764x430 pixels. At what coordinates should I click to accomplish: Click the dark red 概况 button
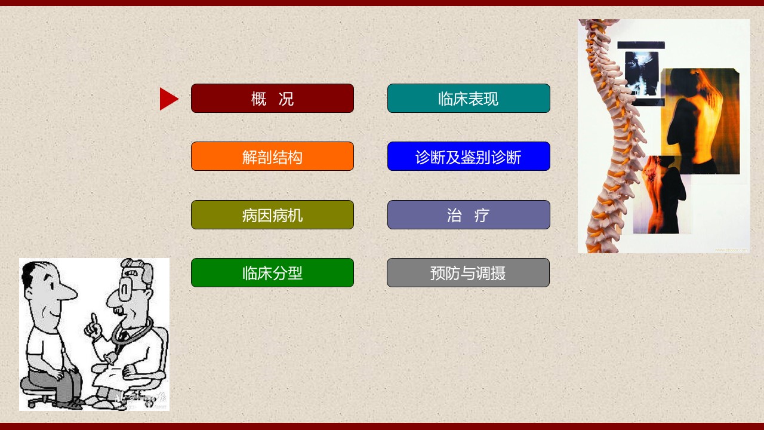[x=272, y=99]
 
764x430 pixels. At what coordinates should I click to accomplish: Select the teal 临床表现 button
[x=469, y=99]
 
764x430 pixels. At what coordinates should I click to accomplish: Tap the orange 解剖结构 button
[x=272, y=156]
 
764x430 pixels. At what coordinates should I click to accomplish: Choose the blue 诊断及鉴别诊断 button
[x=469, y=156]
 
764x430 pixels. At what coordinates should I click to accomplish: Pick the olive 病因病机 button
[x=272, y=214]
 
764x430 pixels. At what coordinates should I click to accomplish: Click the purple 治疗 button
[x=469, y=214]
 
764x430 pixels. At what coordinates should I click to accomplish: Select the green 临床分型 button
[x=272, y=273]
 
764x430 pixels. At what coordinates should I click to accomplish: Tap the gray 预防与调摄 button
[x=468, y=273]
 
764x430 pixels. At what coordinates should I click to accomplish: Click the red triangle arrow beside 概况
[x=169, y=99]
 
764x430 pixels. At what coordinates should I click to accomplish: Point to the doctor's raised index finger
[x=94, y=320]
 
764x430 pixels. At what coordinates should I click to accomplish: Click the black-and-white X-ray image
[x=642, y=73]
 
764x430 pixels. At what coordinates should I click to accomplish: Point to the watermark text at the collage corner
[x=731, y=250]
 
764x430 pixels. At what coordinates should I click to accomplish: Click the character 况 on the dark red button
[x=286, y=99]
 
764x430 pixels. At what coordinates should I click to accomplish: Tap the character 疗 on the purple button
[x=482, y=216]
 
